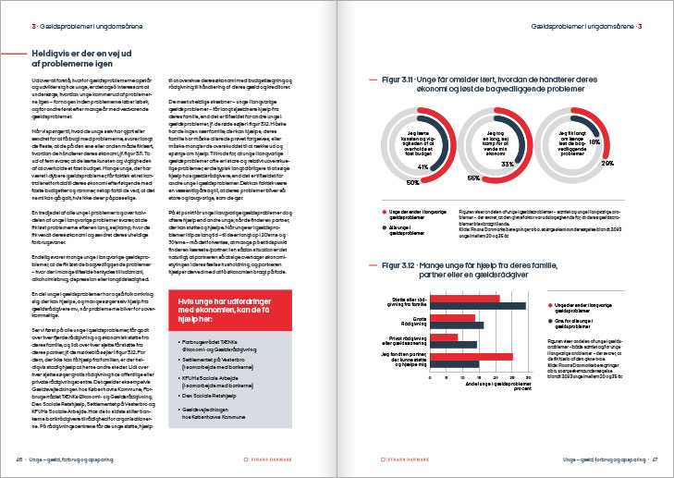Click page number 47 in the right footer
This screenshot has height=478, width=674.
(653, 459)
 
